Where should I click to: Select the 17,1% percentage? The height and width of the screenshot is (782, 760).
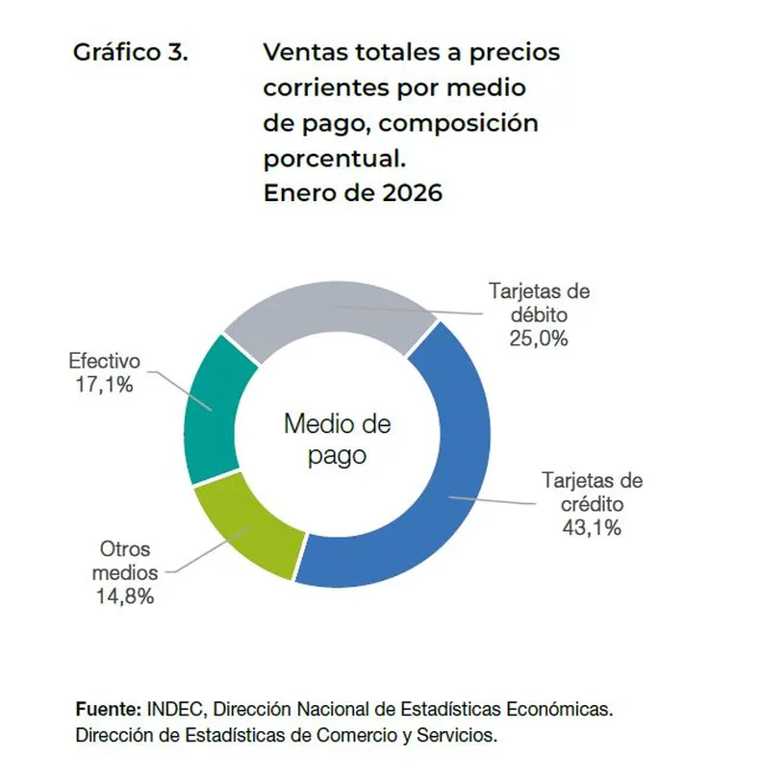104,385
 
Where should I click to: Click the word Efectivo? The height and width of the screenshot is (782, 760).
104,363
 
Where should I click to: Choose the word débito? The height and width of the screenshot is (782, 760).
539,315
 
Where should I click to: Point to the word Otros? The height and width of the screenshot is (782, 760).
124,550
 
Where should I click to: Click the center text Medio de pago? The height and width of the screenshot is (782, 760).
337,438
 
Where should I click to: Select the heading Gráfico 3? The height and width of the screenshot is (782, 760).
131,52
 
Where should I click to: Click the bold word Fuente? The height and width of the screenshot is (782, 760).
108,710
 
